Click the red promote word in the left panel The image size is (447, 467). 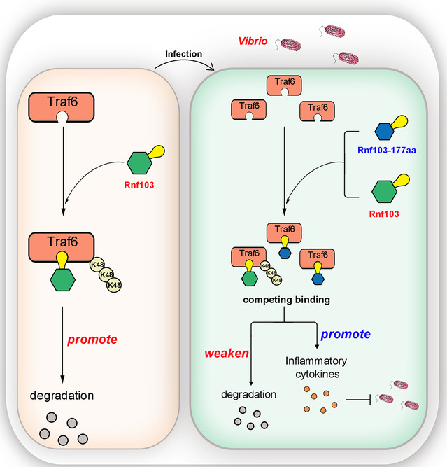pos(92,340)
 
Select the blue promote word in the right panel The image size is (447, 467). pos(346,334)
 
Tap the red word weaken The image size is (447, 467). pos(227,353)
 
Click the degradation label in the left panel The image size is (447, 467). pos(62,396)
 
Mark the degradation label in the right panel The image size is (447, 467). pos(248,395)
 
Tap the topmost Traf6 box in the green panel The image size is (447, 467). pos(284,83)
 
